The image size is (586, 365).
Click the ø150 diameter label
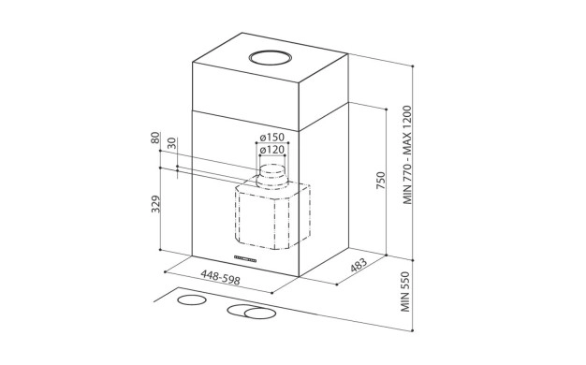pos(272,137)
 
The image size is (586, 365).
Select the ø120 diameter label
pos(272,150)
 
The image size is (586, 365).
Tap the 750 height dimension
pos(380,181)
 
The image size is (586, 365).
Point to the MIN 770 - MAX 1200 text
pos(407,154)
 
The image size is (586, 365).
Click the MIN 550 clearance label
pos(405,291)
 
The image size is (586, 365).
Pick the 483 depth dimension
pos(359,265)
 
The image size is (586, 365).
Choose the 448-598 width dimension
pos(220,278)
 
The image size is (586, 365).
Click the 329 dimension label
pos(155,204)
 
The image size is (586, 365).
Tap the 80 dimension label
pos(155,138)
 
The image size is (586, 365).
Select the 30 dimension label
pos(171,143)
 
